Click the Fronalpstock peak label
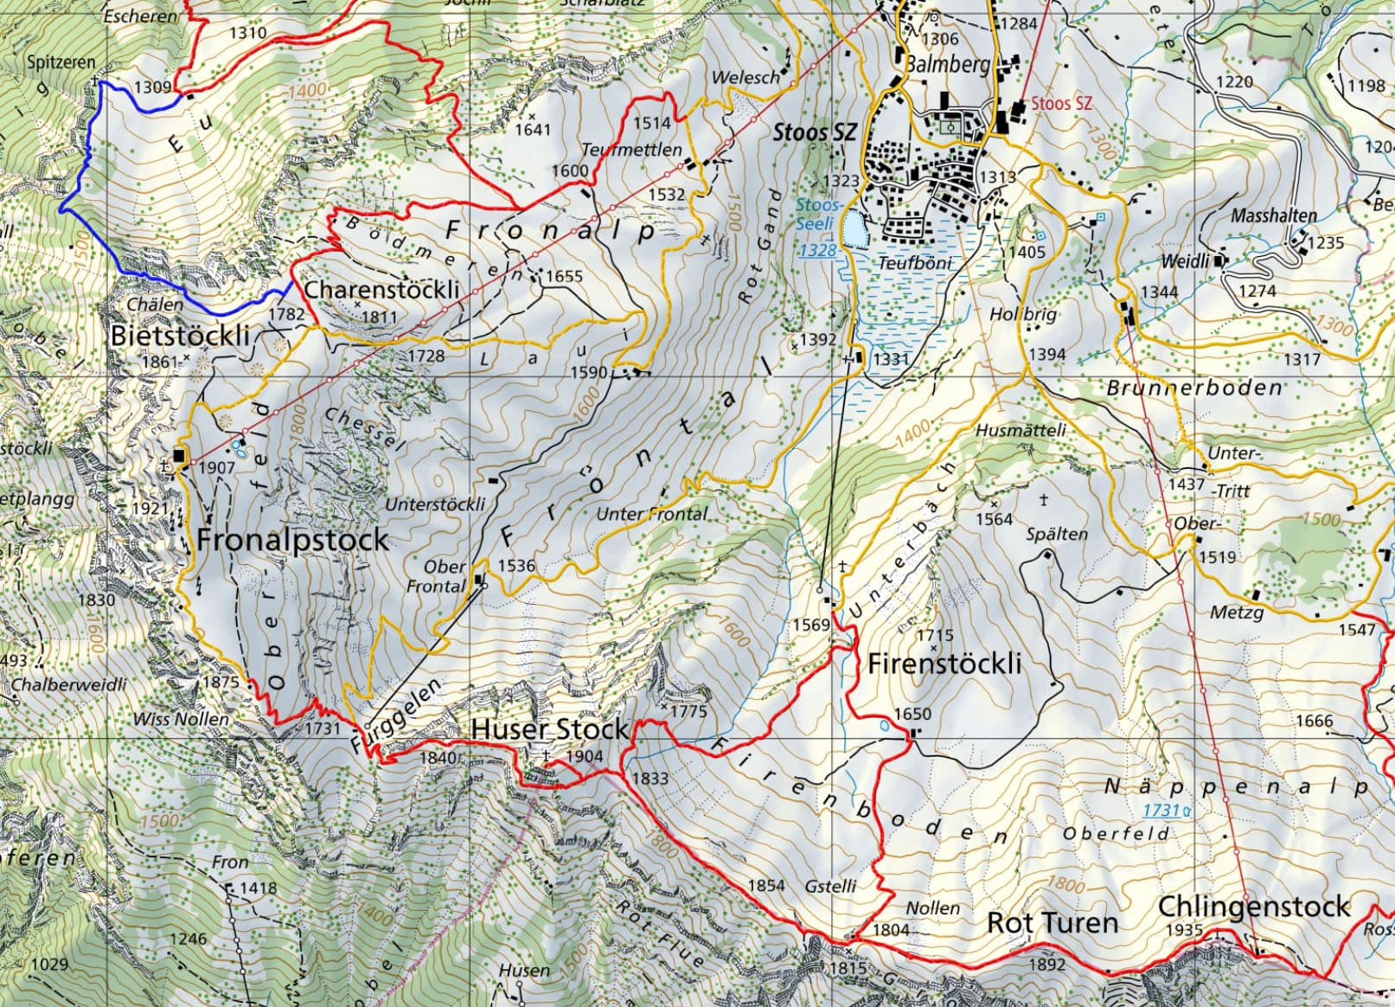[x=292, y=540]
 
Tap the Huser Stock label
[x=549, y=729]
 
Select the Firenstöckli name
[x=944, y=664]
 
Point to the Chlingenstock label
[x=1253, y=907]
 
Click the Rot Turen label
[x=1053, y=923]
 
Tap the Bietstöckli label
[x=180, y=336]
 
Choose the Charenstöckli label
[x=381, y=290]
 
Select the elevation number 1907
[x=216, y=467]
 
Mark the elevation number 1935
[x=1184, y=931]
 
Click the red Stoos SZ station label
[x=1061, y=103]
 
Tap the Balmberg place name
[x=947, y=65]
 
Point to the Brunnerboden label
[x=1194, y=388]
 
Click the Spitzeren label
[x=61, y=62]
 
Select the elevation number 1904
[x=584, y=756]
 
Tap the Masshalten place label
[x=1274, y=215]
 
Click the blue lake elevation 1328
[x=816, y=251]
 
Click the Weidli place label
[x=1185, y=260]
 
